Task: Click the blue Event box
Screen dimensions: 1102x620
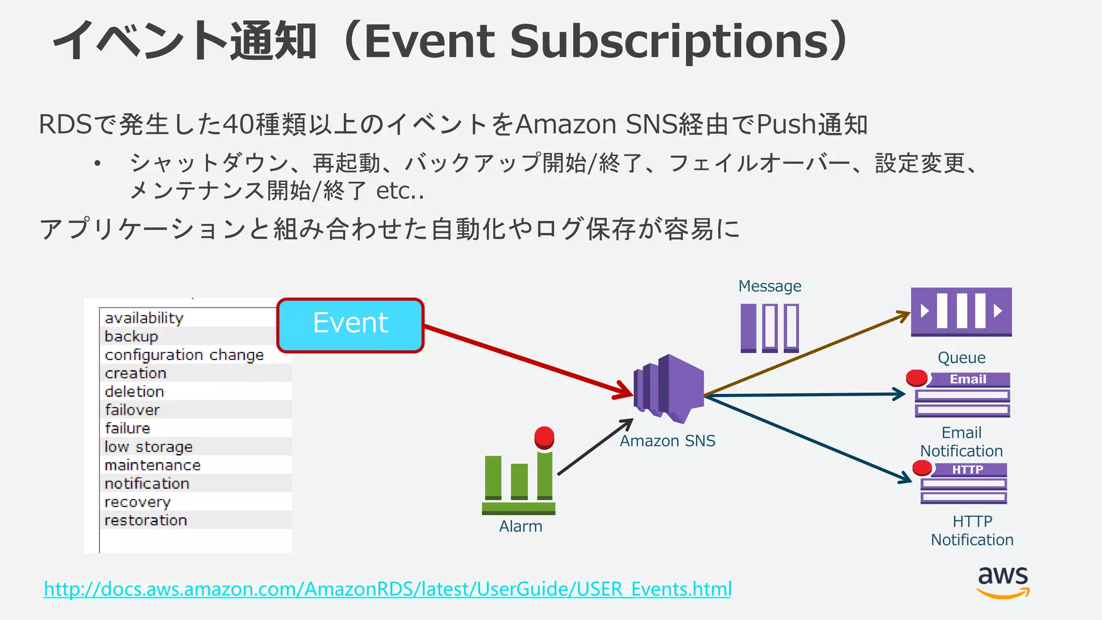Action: coord(350,325)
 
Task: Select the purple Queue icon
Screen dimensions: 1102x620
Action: coord(961,312)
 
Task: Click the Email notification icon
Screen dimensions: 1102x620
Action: coord(962,394)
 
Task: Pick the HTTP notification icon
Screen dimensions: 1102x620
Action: coord(963,483)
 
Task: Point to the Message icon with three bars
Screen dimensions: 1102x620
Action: coord(769,328)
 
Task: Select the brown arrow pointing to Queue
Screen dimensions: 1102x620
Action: coord(807,354)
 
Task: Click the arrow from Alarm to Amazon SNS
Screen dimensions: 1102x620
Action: coord(595,447)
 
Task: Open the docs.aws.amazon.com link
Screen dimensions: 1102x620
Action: coord(387,589)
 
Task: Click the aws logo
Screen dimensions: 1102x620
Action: coord(1003,581)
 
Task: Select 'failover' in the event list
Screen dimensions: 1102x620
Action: coord(132,410)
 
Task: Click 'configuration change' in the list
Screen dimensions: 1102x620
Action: coord(184,355)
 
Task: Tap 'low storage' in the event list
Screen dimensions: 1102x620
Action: coord(149,447)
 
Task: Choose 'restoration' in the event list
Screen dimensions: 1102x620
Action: coord(146,520)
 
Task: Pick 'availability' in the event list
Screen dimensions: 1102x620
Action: coord(144,318)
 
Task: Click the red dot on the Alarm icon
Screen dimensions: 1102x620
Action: coord(544,436)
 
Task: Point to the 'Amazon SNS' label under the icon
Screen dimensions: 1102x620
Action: coord(667,441)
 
